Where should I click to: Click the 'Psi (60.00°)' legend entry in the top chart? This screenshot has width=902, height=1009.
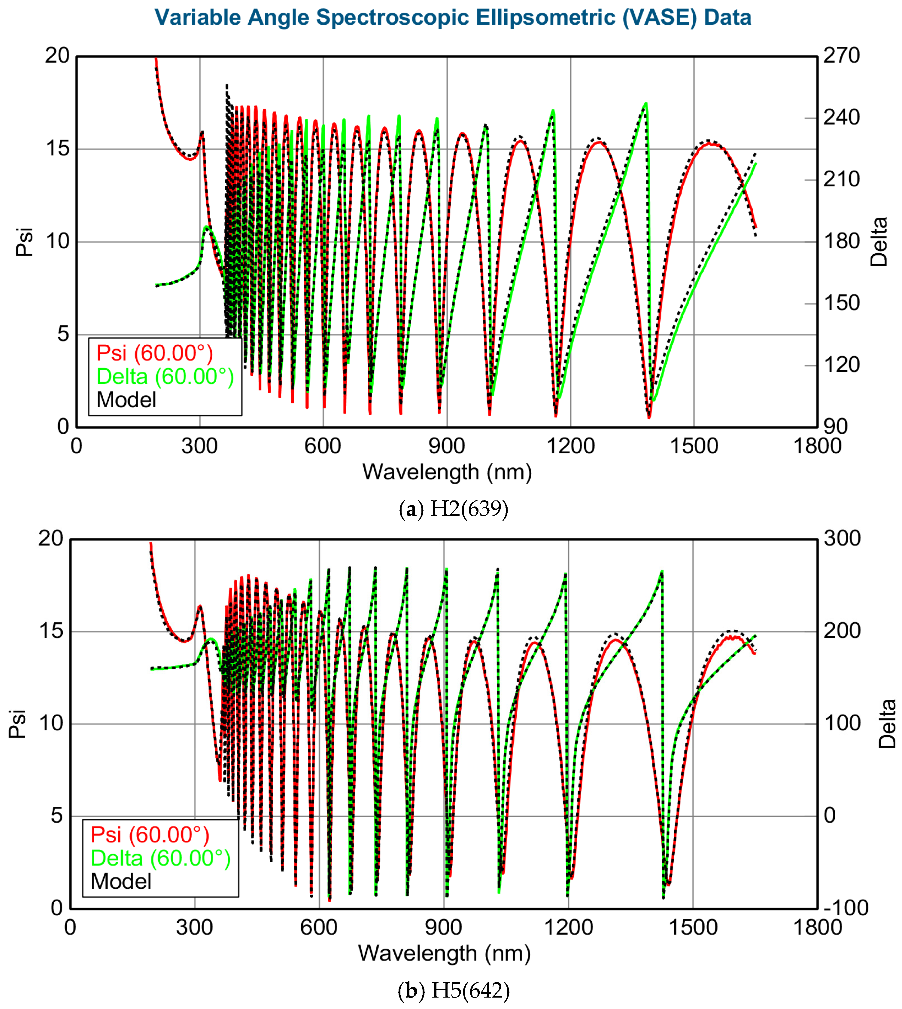155,353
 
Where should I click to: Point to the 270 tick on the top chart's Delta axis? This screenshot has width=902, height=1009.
841,56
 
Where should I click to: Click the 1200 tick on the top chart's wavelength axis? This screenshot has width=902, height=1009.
570,446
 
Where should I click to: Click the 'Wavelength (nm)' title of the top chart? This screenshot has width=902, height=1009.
447,472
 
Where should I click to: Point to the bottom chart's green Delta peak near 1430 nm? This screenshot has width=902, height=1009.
662,572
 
